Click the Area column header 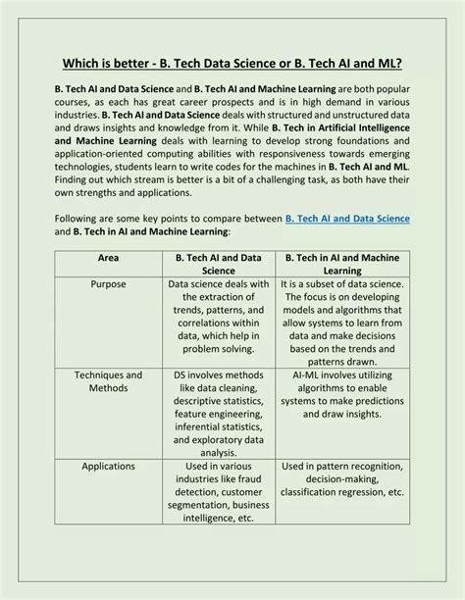point(108,257)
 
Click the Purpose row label point(108,284)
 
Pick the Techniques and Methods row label point(108,381)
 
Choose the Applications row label point(108,466)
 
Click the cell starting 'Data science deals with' point(219,317)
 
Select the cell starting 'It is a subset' point(342,324)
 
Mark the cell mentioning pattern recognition point(342,478)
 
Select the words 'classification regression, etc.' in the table point(342,491)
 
